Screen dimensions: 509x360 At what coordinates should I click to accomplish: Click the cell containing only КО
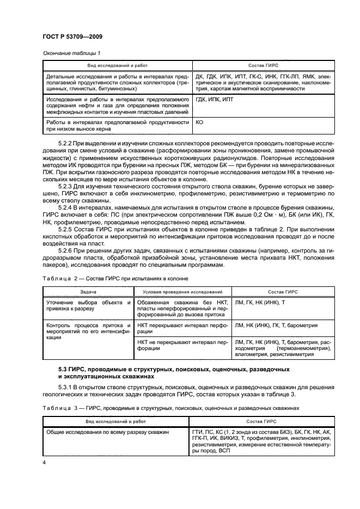click(x=199, y=122)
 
